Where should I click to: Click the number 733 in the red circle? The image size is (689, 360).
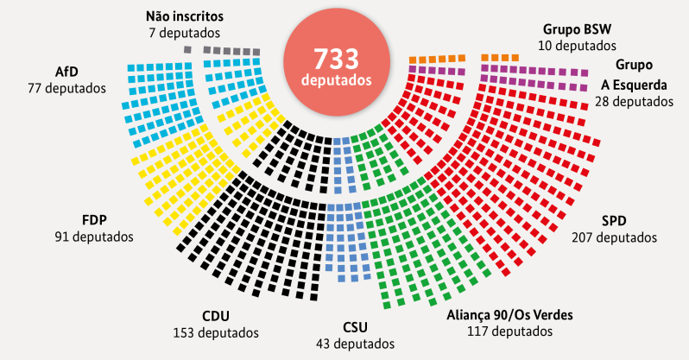[338, 60]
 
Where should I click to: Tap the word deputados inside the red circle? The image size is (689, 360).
[338, 80]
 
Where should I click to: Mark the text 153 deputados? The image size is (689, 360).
[218, 332]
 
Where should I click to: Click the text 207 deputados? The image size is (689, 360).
[614, 237]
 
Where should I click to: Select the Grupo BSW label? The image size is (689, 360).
[578, 28]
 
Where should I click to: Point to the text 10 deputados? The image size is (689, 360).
[578, 45]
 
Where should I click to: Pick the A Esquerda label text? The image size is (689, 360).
[635, 84]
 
